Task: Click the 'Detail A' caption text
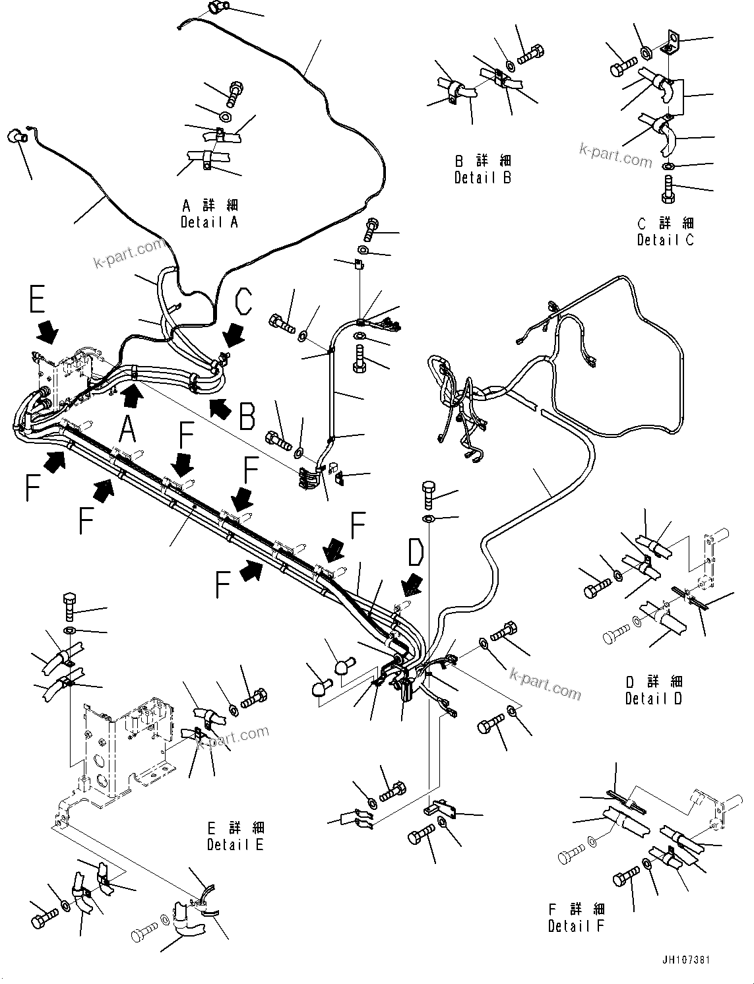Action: [209, 222]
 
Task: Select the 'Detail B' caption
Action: [482, 177]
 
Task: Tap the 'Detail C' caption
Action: [665, 240]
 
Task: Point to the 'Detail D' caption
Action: [654, 698]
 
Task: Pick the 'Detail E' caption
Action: [236, 844]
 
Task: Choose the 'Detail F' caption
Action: [576, 926]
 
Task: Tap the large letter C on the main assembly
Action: [243, 302]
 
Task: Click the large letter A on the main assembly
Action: [127, 431]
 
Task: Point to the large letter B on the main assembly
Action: [247, 417]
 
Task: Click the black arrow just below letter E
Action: [47, 332]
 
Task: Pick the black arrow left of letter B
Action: [220, 409]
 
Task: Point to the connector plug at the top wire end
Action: [215, 9]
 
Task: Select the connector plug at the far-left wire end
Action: [15, 137]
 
